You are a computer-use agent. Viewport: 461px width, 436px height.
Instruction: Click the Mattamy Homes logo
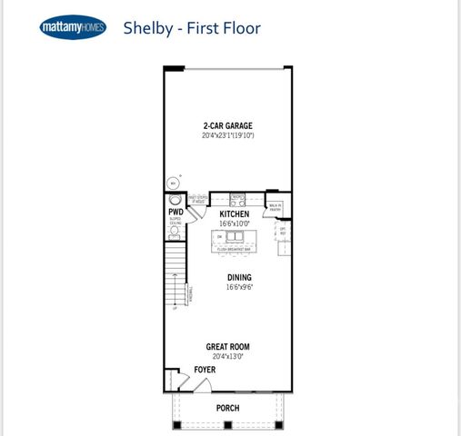click(73, 28)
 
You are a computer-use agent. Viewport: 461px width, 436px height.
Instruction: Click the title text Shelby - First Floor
click(192, 28)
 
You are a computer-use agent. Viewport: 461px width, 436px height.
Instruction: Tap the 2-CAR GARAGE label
click(227, 126)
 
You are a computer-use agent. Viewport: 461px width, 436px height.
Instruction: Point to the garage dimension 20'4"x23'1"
click(227, 136)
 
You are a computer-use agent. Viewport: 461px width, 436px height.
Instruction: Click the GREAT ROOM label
click(227, 346)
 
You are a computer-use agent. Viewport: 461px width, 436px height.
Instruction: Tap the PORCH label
click(227, 408)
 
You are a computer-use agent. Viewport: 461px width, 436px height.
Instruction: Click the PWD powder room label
click(175, 212)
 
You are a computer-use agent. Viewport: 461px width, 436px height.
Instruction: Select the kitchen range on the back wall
click(238, 199)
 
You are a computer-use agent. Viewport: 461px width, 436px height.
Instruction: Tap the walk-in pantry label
click(274, 208)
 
